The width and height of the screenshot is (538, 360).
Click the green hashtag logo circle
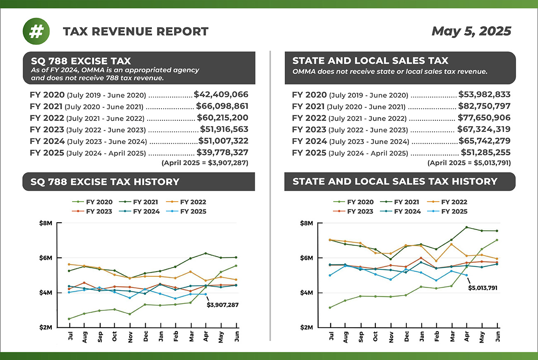pyautogui.click(x=36, y=31)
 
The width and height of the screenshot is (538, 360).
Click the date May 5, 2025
pyautogui.click(x=471, y=31)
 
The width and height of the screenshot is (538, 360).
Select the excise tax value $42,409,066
pyautogui.click(x=221, y=94)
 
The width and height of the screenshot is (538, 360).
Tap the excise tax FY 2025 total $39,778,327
pyautogui.click(x=222, y=152)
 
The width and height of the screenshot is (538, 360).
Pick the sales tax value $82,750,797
pyautogui.click(x=484, y=106)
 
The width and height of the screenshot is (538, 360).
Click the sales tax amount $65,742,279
pyautogui.click(x=484, y=141)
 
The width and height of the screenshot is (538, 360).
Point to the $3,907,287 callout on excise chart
pyautogui.click(x=223, y=305)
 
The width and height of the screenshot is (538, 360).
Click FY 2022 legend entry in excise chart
pyautogui.click(x=189, y=202)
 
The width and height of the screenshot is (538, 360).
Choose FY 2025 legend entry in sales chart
pyautogui.click(x=450, y=211)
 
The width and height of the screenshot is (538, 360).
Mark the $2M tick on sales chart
pyautogui.click(x=307, y=327)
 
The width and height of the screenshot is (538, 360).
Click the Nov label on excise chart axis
pyautogui.click(x=130, y=336)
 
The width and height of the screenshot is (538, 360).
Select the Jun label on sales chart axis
pyautogui.click(x=497, y=336)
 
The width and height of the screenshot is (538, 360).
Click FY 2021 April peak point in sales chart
pyautogui.click(x=466, y=227)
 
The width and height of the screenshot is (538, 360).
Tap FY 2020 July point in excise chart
pyautogui.click(x=69, y=319)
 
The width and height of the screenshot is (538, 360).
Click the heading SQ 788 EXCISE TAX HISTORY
pyautogui.click(x=105, y=182)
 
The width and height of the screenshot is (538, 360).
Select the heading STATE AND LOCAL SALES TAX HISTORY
pyautogui.click(x=395, y=182)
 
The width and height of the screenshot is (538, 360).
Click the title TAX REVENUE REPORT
pyautogui.click(x=136, y=31)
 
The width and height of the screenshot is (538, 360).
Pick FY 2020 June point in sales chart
pyautogui.click(x=497, y=240)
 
